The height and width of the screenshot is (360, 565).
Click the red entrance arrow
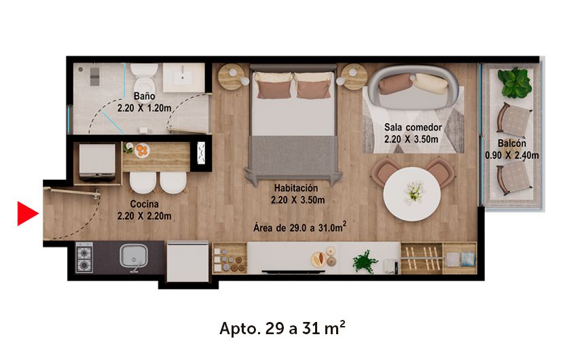point(26,213)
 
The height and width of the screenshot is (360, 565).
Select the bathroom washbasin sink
point(183,77)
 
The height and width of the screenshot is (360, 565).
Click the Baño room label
point(144,96)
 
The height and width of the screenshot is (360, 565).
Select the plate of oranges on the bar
point(142,150)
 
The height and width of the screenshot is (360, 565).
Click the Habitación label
point(297,188)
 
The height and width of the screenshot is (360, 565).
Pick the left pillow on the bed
point(274,86)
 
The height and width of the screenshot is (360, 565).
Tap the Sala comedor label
point(413,127)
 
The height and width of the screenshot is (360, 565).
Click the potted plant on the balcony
point(514,83)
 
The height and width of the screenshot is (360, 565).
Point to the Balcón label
point(512,144)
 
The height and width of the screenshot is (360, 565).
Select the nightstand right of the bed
point(353,76)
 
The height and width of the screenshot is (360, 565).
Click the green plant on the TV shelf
point(365,261)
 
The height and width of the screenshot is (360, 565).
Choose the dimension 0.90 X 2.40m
point(512,156)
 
